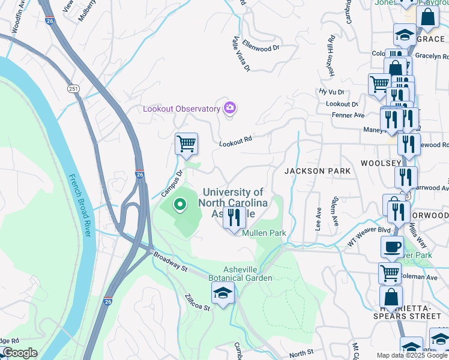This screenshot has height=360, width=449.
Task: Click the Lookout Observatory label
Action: [x=181, y=109]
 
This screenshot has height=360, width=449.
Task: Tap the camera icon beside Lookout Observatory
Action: [x=229, y=108]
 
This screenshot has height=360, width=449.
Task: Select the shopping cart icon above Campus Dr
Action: [x=187, y=144]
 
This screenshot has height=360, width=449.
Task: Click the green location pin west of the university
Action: [x=179, y=205]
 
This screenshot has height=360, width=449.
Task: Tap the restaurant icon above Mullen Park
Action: [x=234, y=218]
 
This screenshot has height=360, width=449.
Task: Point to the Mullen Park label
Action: [x=264, y=233]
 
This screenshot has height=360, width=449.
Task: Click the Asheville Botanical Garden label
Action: [x=240, y=273]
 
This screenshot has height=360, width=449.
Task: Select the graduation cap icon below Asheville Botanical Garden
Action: [x=223, y=293]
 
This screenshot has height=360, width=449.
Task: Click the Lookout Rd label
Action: [x=235, y=141]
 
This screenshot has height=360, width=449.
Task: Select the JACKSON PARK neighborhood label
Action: [x=317, y=171]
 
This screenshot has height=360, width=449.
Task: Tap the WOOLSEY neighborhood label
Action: [x=381, y=163]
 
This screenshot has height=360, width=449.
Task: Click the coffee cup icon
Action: [x=392, y=247]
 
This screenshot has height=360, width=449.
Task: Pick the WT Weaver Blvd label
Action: [x=369, y=236]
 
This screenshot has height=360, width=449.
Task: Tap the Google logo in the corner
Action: [x=19, y=353]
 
